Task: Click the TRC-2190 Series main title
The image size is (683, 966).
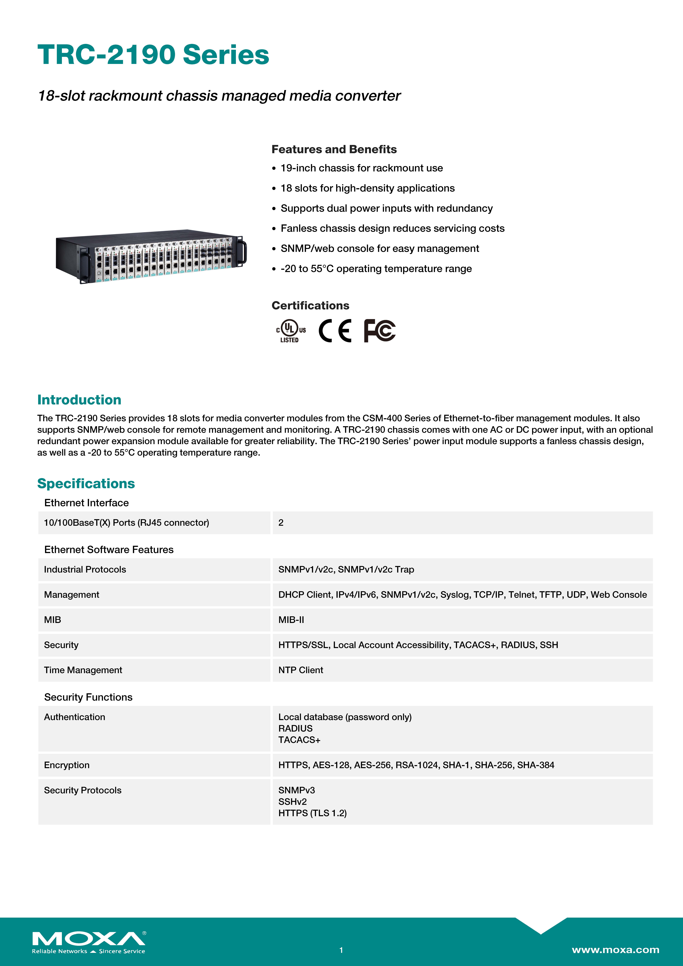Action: pos(153,55)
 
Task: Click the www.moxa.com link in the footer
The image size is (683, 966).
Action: pos(615,950)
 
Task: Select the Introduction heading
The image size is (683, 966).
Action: pos(79,400)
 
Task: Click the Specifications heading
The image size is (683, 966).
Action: pos(86,483)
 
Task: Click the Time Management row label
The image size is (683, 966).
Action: pos(83,670)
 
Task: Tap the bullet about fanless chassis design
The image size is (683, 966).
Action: pos(392,228)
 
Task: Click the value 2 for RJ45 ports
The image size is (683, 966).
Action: pos(281,523)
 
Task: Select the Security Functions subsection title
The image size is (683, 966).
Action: pos(88,697)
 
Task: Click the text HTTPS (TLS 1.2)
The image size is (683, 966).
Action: pos(312,813)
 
